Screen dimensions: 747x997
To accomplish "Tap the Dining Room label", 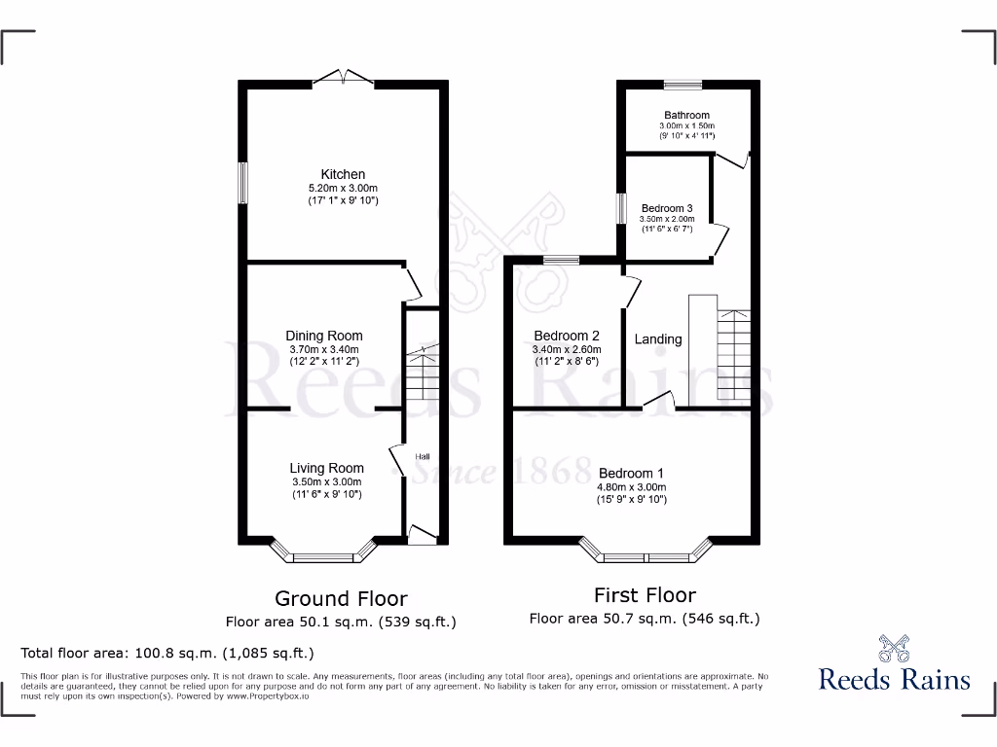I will coord(325,336).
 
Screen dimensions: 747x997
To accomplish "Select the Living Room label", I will coord(326,468).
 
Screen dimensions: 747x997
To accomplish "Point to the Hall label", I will coord(423,456).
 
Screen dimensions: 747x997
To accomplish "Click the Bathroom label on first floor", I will coord(686,115).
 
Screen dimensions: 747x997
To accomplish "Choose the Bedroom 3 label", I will coord(667,208).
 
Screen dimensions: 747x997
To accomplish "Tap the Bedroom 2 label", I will coord(567,336).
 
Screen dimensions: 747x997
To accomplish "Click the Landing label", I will coord(658,339).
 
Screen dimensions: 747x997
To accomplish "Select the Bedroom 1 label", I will coord(631,473).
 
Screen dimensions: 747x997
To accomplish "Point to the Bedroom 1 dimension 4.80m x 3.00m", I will coord(631,487).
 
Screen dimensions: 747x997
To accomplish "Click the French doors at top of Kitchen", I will coord(344,78).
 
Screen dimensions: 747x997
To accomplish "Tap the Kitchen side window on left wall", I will coord(243,183).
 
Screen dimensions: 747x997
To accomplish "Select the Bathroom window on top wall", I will coord(683,84).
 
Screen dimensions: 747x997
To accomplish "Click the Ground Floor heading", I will coord(341,598).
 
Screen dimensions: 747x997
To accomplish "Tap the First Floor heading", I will coord(645,594).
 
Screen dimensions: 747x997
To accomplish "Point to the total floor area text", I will coord(167,653).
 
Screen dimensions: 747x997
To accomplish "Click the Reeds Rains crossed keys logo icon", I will coord(894,648).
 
